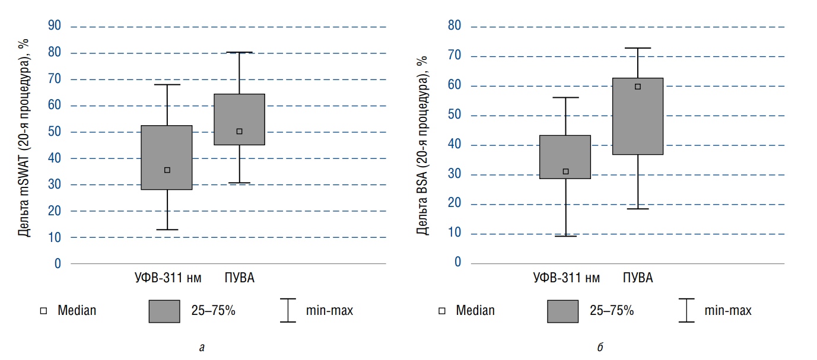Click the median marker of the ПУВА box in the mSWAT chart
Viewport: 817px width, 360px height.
click(x=239, y=131)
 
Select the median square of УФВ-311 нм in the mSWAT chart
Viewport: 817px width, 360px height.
click(x=167, y=170)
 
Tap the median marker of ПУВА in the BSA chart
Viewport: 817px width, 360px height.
click(x=638, y=87)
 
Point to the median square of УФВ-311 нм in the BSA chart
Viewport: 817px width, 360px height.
click(x=565, y=171)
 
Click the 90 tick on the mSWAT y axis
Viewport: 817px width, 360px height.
click(x=54, y=26)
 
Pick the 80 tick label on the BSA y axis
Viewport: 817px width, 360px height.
click(x=455, y=27)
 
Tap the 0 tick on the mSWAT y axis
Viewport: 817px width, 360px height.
click(x=58, y=263)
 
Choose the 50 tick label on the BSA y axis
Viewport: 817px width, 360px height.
click(x=455, y=115)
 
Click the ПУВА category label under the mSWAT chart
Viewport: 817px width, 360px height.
click(x=239, y=278)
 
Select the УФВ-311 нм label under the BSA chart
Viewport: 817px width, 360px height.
click(x=566, y=278)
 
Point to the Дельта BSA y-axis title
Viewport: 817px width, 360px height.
click(x=422, y=145)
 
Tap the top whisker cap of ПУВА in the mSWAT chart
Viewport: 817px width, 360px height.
click(x=239, y=52)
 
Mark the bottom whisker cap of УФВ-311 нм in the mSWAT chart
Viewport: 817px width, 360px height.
click(x=167, y=230)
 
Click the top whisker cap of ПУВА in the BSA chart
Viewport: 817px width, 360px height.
click(x=638, y=48)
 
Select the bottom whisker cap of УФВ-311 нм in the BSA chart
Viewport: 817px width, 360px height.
click(x=565, y=236)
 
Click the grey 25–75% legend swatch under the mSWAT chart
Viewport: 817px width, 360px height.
click(x=164, y=310)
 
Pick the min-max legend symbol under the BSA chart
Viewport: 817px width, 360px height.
click(x=686, y=310)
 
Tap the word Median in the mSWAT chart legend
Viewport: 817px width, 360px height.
click(x=77, y=310)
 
